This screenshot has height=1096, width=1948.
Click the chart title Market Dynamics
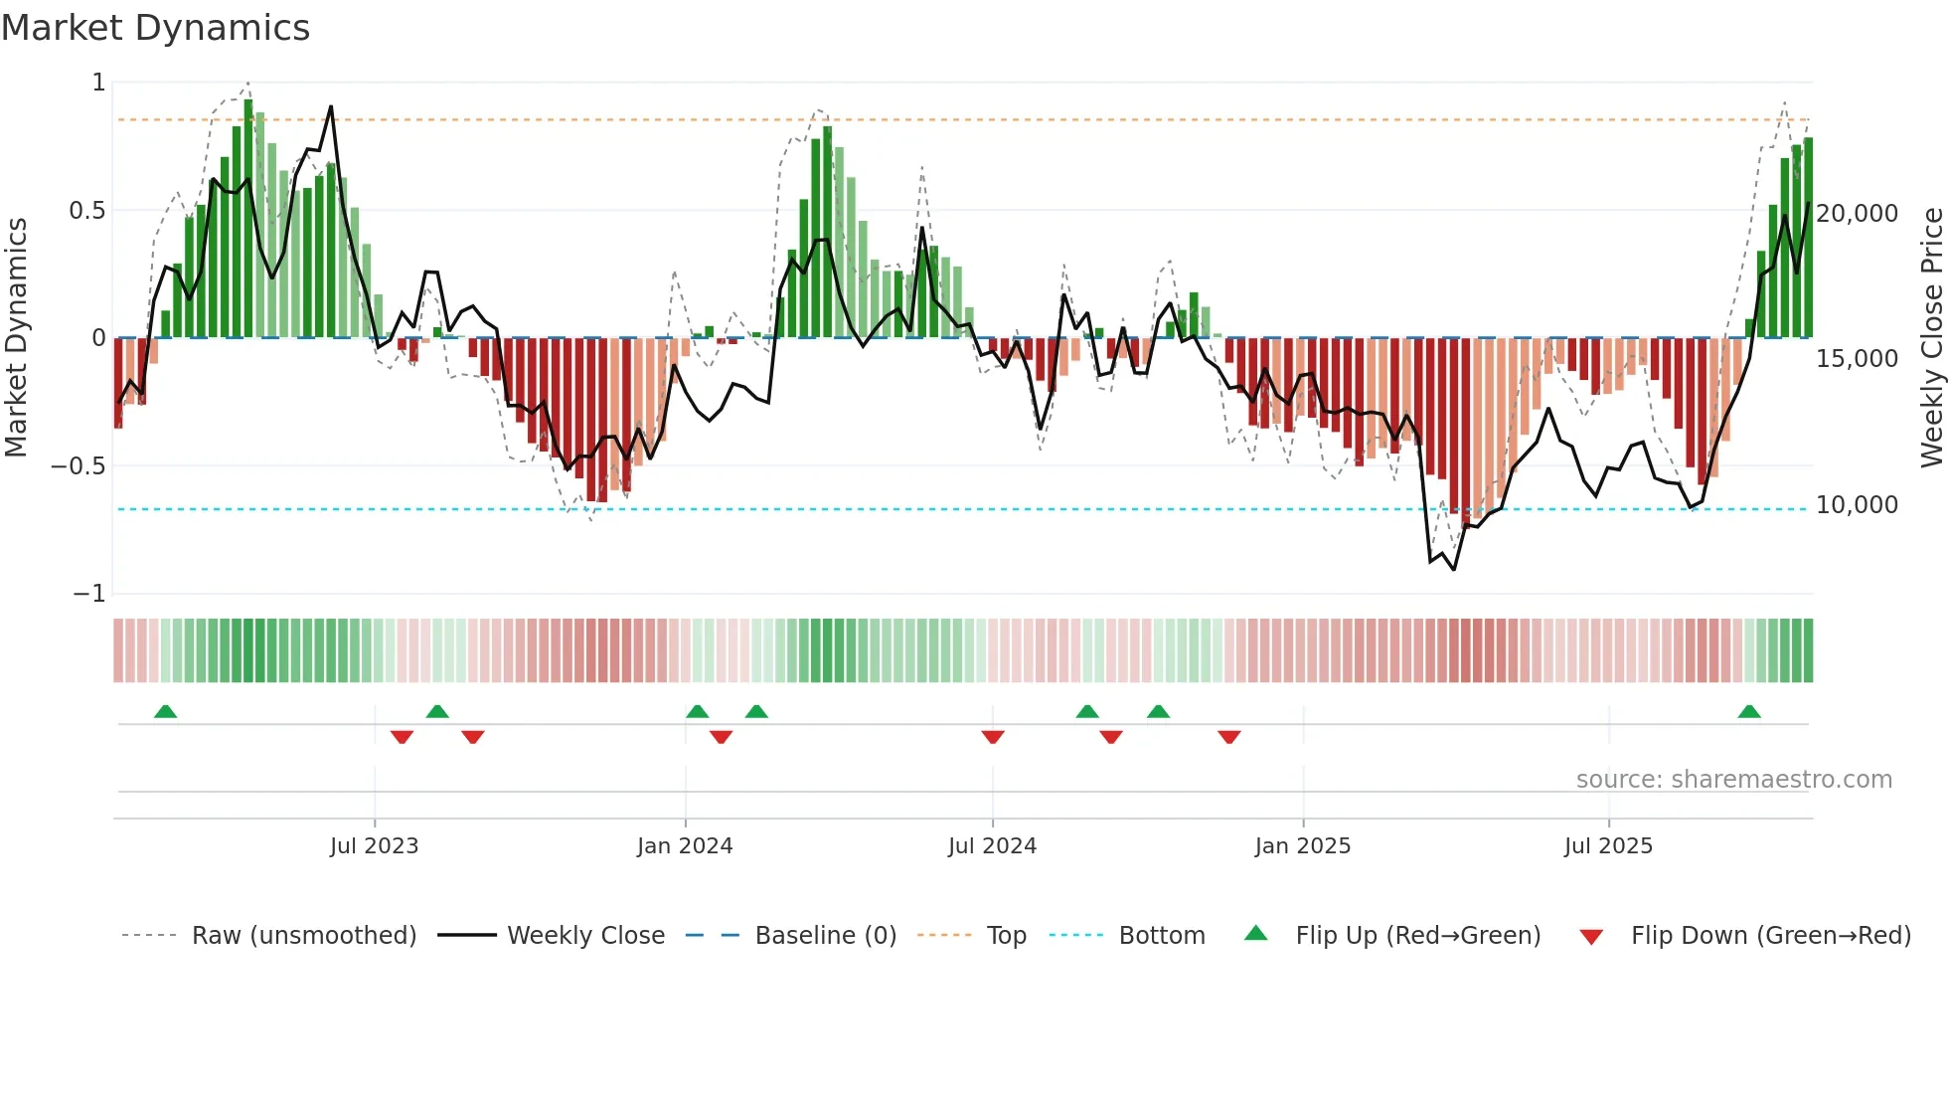155,28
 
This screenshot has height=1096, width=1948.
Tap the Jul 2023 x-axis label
374,846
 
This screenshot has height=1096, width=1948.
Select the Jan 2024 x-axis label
685,846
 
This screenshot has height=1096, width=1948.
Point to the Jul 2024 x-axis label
992,846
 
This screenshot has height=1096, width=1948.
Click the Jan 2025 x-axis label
1302,846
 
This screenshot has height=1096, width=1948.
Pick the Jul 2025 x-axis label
1608,846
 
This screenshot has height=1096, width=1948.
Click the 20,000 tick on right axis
1857,214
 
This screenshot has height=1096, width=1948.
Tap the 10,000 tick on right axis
1857,505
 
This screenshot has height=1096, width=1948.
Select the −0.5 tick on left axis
78,466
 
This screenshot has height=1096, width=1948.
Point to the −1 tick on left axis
88,594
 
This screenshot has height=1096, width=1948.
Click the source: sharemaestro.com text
1733,780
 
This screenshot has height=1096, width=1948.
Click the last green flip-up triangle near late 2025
1749,712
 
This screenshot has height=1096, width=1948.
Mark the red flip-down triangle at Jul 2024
993,736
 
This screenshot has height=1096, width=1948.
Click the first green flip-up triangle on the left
166,712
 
